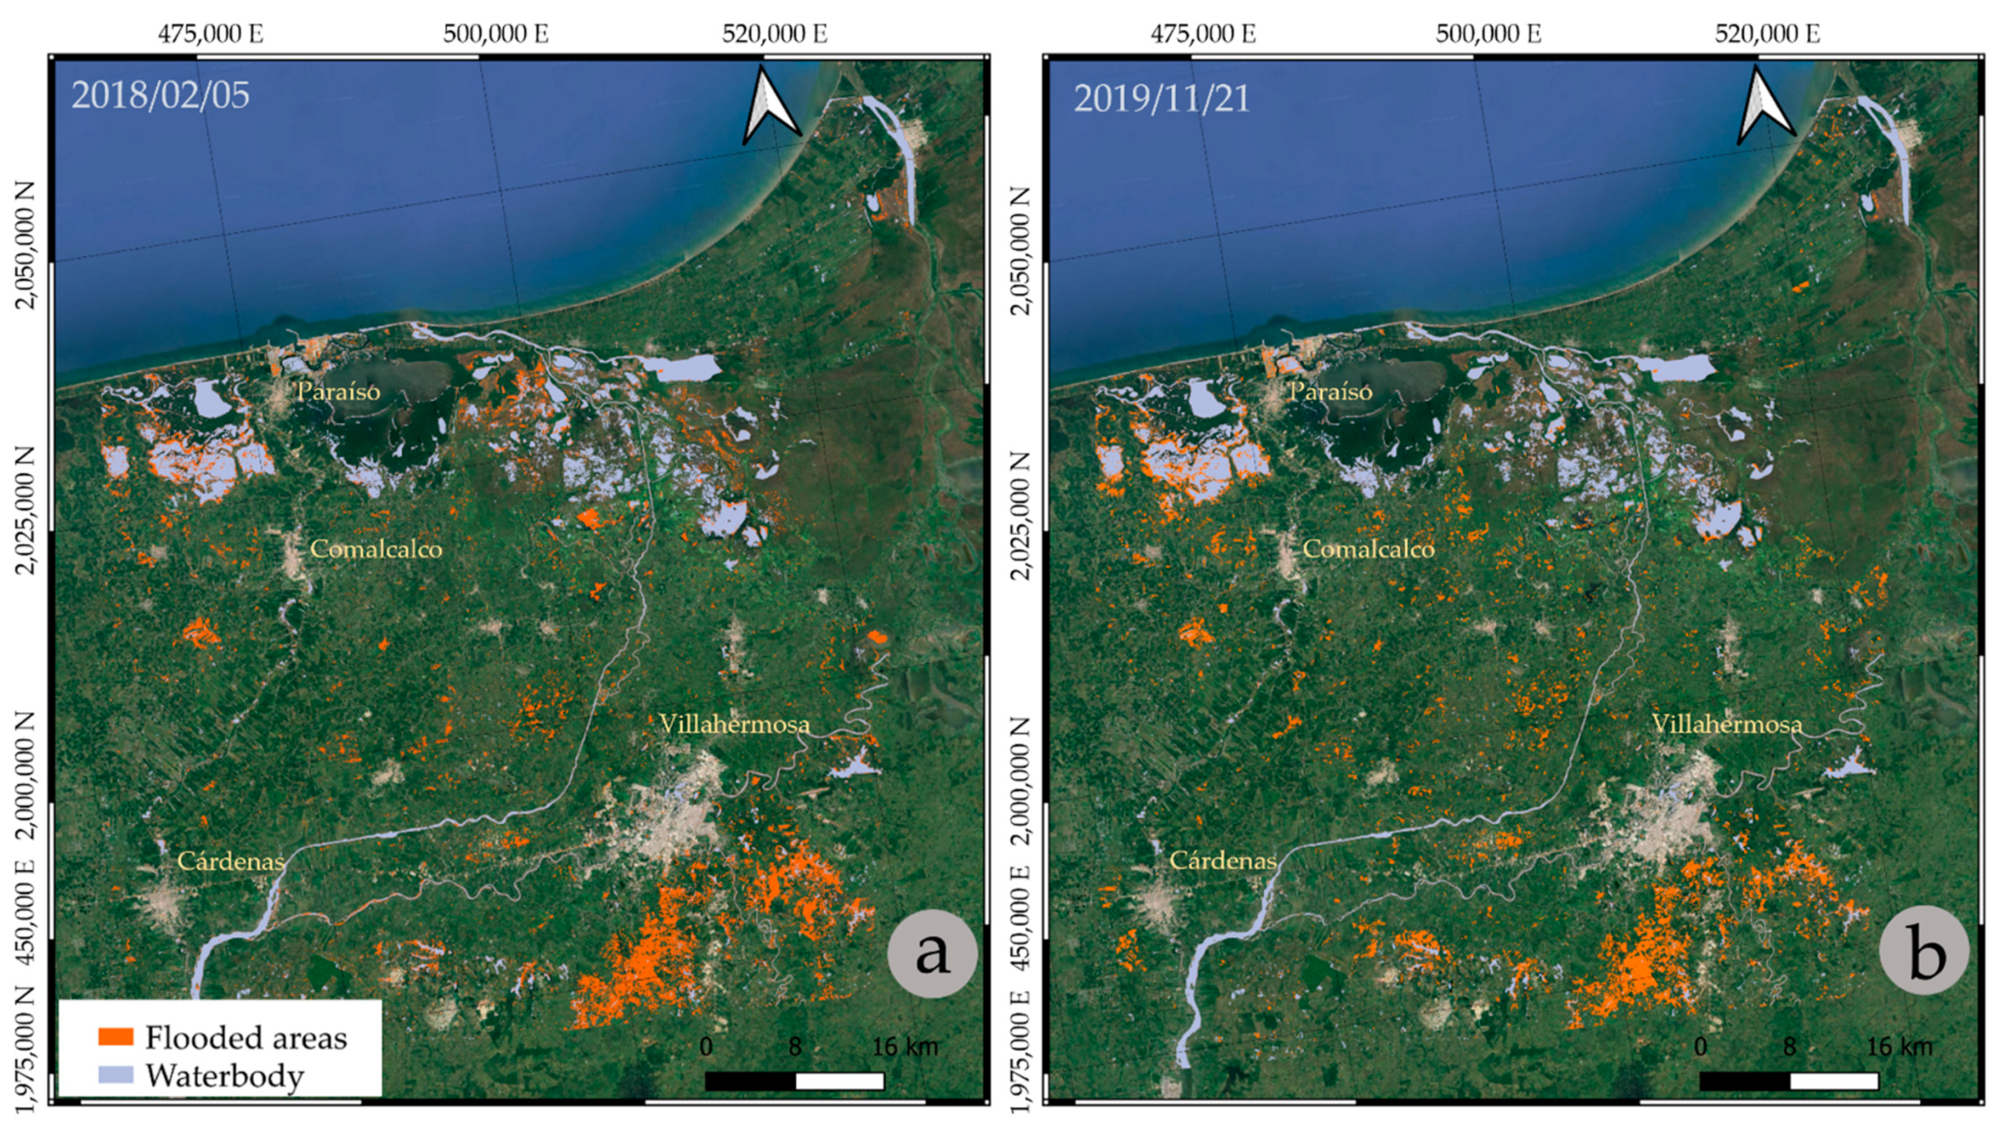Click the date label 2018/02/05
[x=161, y=95]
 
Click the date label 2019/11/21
[x=1161, y=99]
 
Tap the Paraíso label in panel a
[x=338, y=391]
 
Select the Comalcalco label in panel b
[x=1368, y=549]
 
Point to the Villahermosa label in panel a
[x=734, y=724]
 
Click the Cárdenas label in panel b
[x=1222, y=860]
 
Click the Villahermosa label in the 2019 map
[x=1727, y=724]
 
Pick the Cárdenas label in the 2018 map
[x=230, y=860]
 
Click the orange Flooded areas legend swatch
[x=116, y=1036]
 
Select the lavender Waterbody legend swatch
[x=116, y=1074]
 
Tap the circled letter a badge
[x=932, y=953]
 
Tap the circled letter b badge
[x=1924, y=953]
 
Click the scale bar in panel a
[x=794, y=1081]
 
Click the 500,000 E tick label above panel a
[x=496, y=33]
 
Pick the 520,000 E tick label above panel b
[x=1767, y=33]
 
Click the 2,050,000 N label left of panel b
[x=1022, y=250]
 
